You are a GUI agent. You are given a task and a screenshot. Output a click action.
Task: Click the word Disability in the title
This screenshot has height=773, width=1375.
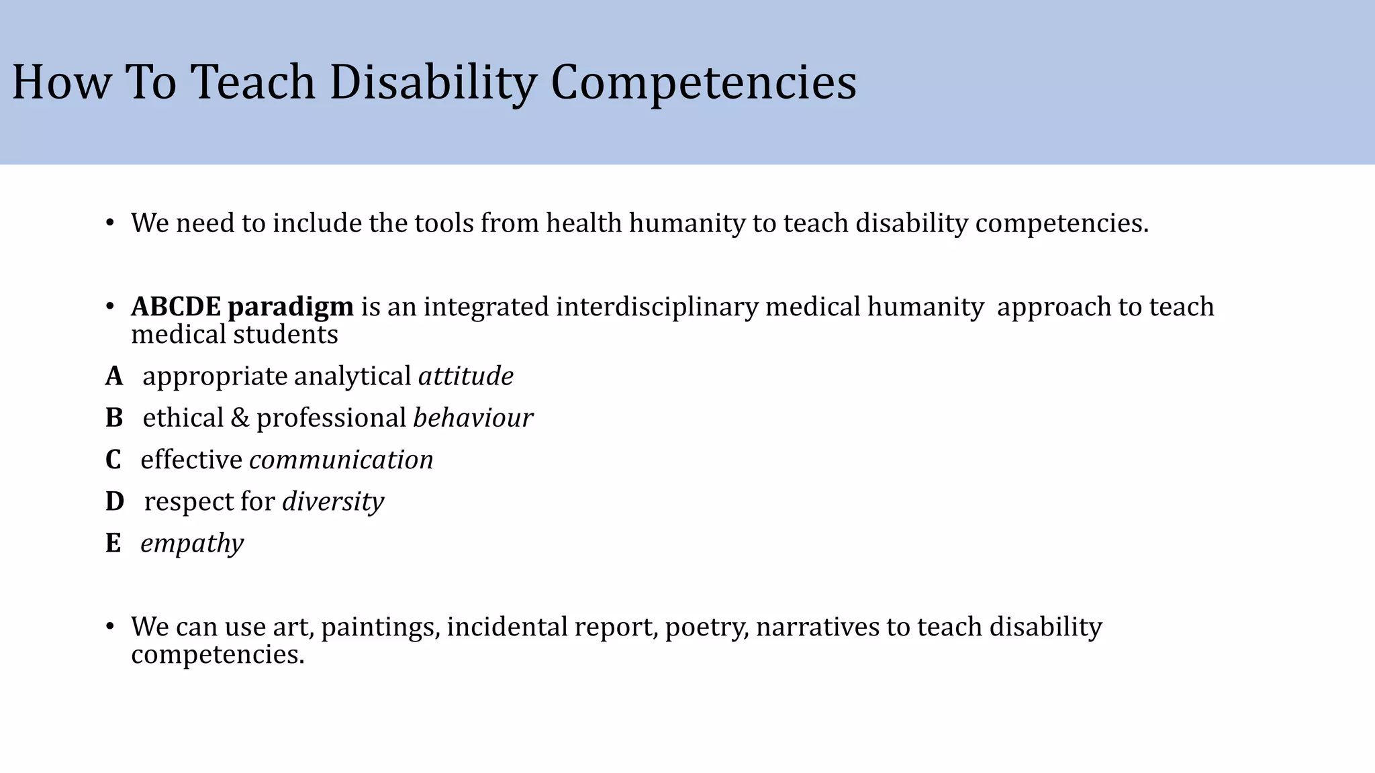433,83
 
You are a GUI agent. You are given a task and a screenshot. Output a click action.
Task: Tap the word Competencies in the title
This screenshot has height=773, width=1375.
703,83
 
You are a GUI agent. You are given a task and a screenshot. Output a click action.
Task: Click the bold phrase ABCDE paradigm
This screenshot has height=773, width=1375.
242,307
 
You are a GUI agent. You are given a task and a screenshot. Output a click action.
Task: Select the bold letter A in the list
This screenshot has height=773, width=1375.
113,376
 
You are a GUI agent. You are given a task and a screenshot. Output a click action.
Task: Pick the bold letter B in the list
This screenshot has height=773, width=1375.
114,418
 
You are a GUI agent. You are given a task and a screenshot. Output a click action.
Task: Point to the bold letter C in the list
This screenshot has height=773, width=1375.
113,460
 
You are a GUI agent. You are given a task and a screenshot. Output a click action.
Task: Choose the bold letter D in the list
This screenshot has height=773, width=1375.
115,502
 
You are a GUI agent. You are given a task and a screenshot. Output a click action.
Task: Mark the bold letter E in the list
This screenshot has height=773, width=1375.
113,544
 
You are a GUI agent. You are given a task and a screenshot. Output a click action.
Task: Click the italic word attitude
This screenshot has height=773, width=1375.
466,376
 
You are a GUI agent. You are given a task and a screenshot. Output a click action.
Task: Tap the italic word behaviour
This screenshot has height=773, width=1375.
473,418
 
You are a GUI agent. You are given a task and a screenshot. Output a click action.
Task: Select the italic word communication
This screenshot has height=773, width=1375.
341,460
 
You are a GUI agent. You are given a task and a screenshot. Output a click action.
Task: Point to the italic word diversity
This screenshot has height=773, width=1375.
333,502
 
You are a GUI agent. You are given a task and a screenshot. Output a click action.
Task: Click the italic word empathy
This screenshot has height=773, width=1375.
192,544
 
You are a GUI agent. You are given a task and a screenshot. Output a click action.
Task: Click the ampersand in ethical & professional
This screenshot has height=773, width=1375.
240,418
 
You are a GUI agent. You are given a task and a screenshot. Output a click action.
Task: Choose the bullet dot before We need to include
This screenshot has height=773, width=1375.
110,223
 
